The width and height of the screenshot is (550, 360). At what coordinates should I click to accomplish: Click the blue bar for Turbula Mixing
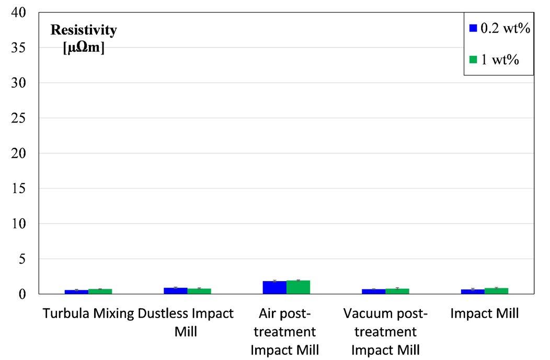[76, 292]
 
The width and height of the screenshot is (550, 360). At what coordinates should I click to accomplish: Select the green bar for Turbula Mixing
[100, 291]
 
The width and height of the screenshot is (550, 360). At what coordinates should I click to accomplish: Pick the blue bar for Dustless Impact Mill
[175, 291]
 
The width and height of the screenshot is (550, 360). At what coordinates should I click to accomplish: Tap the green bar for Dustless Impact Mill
[199, 291]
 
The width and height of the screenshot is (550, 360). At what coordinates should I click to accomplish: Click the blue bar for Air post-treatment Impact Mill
[274, 288]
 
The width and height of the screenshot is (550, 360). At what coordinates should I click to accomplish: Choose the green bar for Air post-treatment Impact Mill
[298, 287]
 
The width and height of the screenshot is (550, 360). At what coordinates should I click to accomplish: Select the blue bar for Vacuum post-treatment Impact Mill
[374, 291]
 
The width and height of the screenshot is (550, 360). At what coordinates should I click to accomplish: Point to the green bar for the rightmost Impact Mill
[496, 291]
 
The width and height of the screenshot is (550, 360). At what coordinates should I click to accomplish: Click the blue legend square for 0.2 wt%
[473, 28]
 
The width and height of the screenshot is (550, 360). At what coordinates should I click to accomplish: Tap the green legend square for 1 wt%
[473, 59]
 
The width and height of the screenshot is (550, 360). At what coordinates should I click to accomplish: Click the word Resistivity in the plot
[84, 30]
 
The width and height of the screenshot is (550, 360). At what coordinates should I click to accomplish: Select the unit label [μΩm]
[84, 48]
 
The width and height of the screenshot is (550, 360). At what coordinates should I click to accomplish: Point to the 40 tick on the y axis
[19, 13]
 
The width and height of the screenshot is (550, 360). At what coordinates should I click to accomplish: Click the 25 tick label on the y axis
[19, 118]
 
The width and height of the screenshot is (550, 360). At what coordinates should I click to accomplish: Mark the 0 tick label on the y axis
[22, 294]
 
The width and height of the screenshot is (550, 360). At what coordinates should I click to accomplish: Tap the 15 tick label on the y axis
[19, 188]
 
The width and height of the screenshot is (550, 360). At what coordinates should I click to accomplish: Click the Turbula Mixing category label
[88, 313]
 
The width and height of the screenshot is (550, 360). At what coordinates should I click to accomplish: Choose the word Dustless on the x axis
[159, 313]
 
